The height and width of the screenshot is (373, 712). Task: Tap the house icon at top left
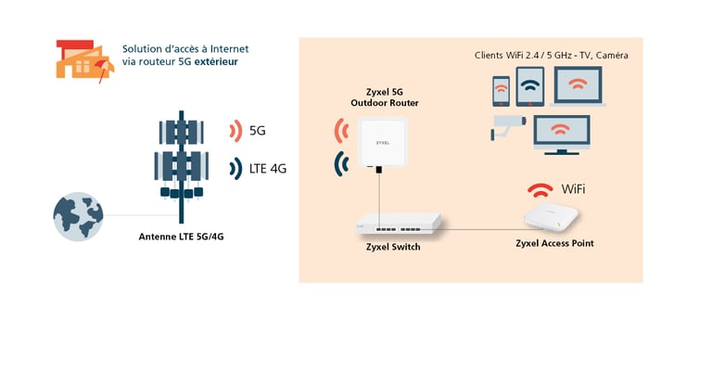click(84, 59)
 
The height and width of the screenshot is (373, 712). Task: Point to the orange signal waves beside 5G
click(234, 131)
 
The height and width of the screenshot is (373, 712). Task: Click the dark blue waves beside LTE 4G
click(234, 168)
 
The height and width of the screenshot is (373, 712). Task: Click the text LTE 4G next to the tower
click(269, 169)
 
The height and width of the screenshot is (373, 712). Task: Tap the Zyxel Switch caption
click(393, 247)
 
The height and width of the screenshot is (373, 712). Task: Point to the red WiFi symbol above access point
click(540, 190)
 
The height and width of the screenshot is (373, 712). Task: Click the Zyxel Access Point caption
click(554, 243)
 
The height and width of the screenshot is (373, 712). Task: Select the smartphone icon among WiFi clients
click(501, 92)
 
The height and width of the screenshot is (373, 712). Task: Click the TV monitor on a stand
click(560, 133)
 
